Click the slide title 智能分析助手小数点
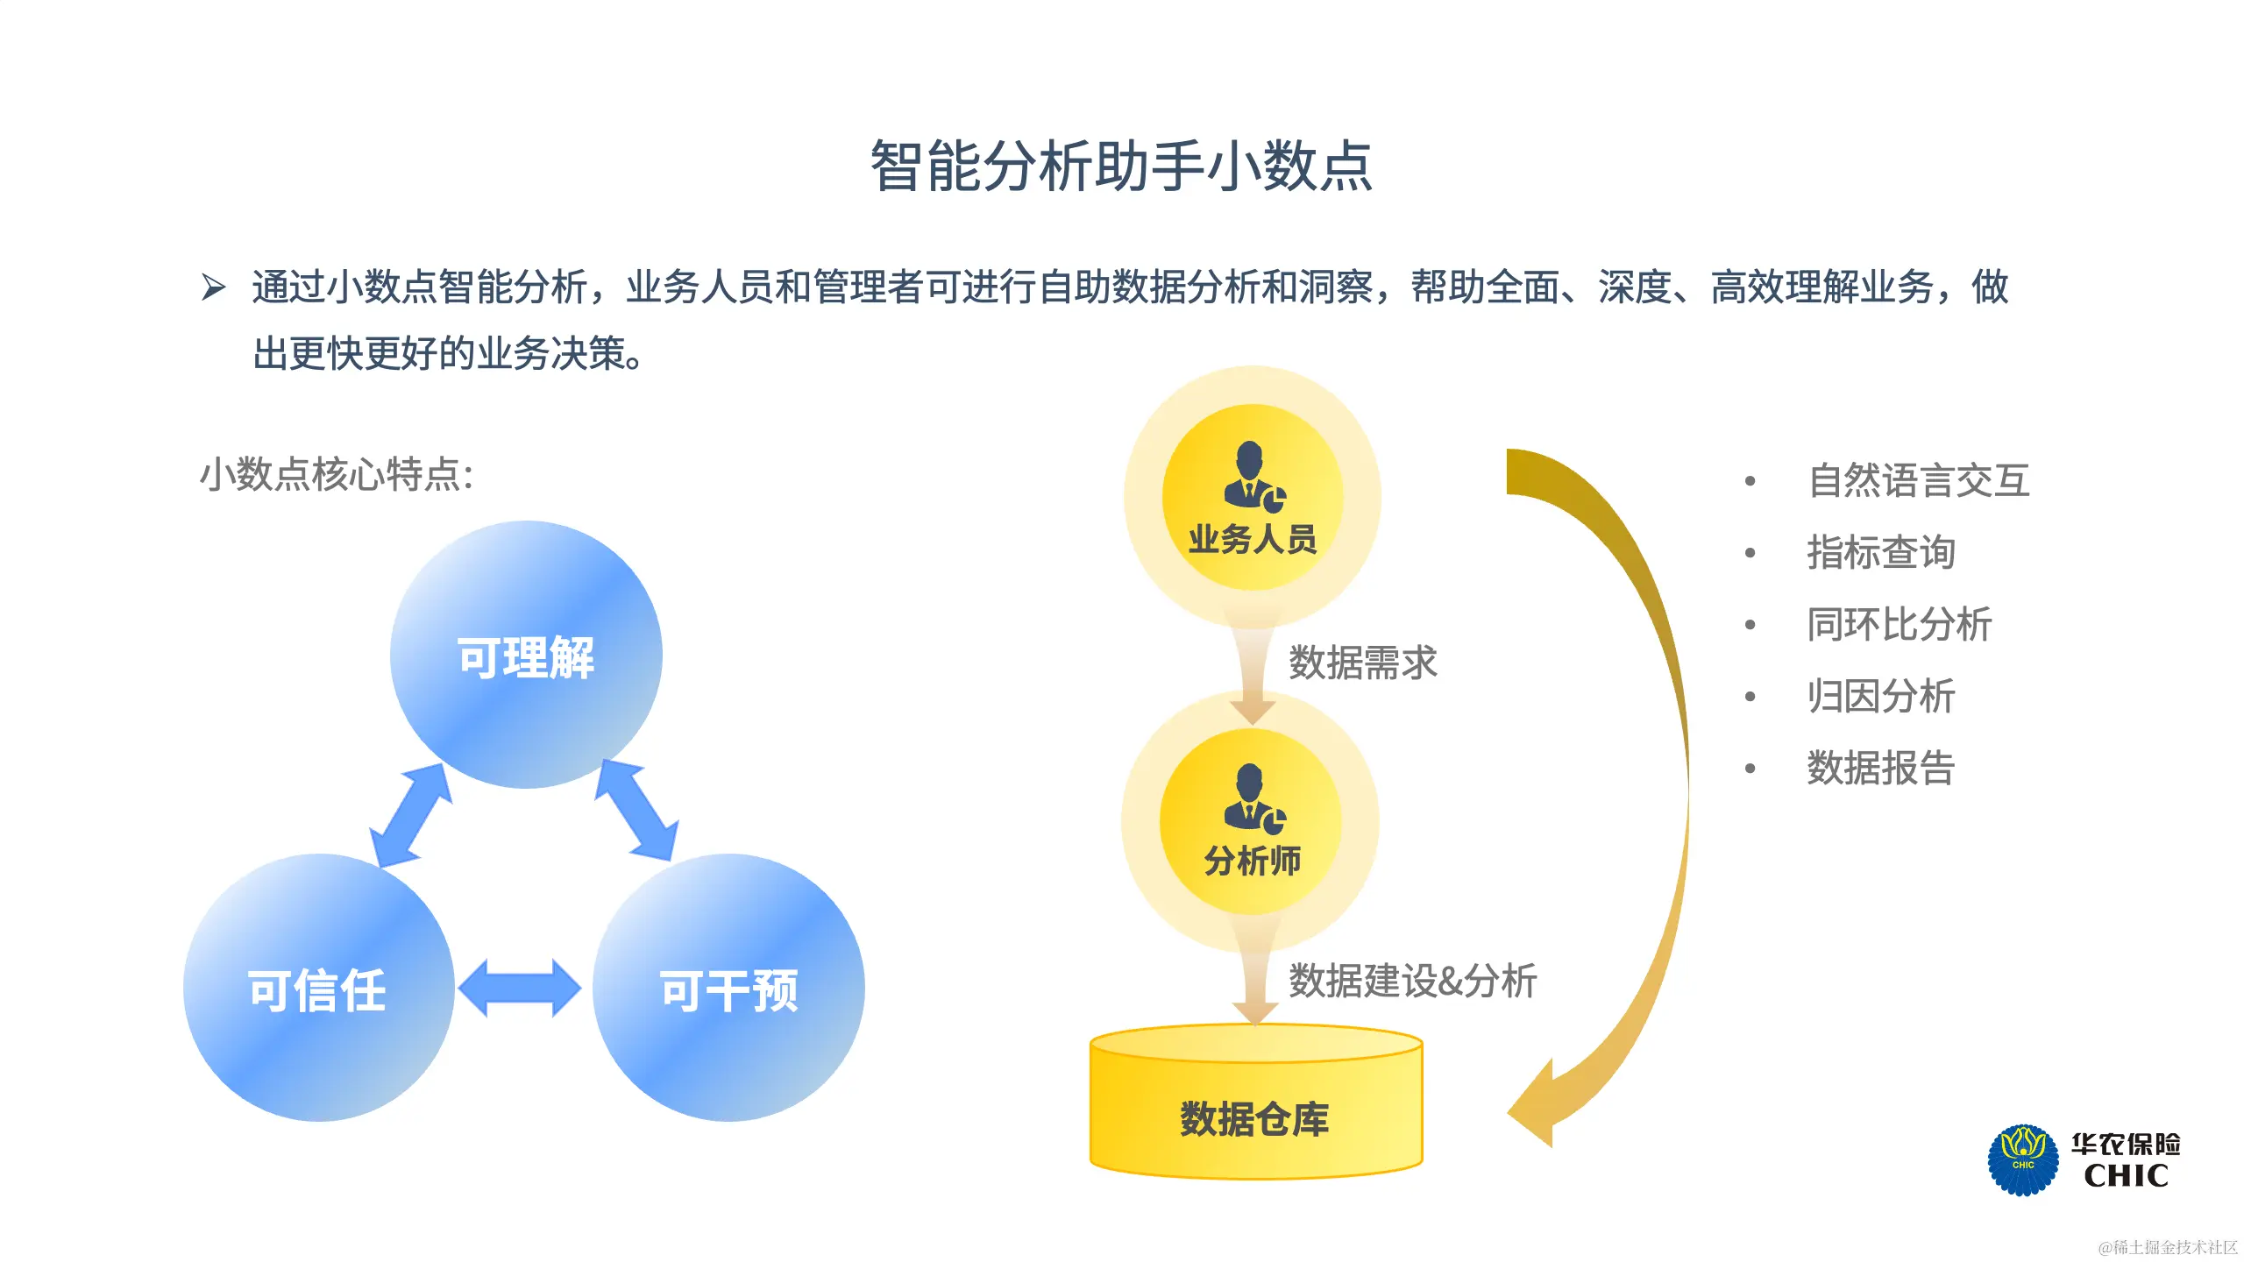point(1121,166)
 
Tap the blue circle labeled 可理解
point(526,655)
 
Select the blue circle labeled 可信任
point(318,988)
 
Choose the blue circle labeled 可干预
point(728,988)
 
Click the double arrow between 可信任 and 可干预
point(520,988)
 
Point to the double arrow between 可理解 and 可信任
point(410,815)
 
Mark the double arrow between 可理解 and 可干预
point(636,810)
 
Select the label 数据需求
point(1363,663)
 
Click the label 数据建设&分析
point(1412,981)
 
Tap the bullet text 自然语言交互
point(1919,480)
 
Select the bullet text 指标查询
point(1881,552)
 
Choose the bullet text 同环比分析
point(1900,624)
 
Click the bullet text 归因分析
point(1881,696)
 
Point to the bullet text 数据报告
point(1881,768)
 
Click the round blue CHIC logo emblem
point(2023,1160)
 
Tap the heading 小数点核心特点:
point(337,475)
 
